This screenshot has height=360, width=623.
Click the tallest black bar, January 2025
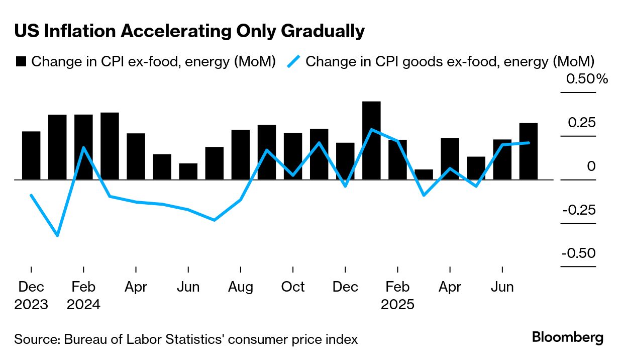pos(371,140)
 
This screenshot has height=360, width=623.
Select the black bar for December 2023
pos(31,155)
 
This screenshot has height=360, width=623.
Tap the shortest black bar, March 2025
pos(424,174)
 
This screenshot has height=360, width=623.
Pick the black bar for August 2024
pos(241,154)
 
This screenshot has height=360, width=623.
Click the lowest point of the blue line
pos(57,235)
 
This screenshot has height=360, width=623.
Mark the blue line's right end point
pos(528,143)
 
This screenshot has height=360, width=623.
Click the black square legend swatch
pos(21,62)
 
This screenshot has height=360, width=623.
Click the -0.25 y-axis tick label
pos(579,210)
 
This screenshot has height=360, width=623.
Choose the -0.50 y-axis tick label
pos(579,253)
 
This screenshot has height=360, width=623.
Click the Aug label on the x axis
pos(241,287)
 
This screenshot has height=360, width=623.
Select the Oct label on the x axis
pos(293,287)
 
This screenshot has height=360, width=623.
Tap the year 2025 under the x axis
pos(397,305)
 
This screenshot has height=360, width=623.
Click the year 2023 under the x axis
pos(31,305)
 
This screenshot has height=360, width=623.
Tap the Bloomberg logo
pos(568,337)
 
